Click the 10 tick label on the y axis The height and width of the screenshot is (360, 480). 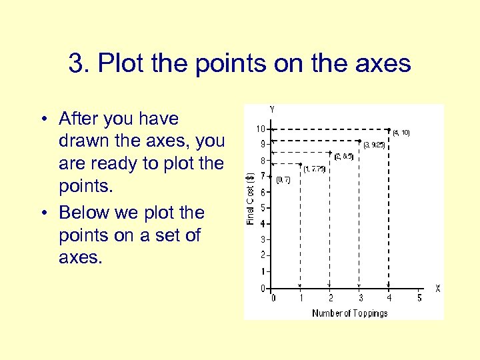(263, 129)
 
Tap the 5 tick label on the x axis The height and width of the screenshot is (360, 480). (419, 298)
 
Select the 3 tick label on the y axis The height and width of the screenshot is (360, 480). (265, 239)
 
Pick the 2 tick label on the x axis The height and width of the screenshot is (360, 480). (331, 298)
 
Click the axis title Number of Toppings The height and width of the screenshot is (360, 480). (349, 313)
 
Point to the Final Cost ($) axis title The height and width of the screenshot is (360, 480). (251, 198)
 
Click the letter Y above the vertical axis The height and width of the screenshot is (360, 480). (272, 109)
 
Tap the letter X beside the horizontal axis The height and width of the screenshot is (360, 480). (437, 288)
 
